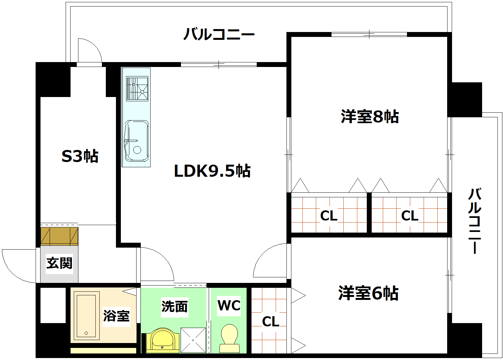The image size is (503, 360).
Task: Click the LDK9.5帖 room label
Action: tap(212, 171)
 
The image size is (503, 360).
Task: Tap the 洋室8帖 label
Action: tap(369, 117)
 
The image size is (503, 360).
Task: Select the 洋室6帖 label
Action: tap(368, 293)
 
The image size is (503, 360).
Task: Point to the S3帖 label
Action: tap(80, 156)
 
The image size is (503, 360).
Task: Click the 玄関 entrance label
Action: tap(59, 263)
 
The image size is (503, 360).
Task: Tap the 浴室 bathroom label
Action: tap(116, 316)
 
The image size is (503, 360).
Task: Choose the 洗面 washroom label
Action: tap(174, 306)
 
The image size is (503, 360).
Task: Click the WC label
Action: tap(229, 305)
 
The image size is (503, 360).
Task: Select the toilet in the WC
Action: tap(229, 338)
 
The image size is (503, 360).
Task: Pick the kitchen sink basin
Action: tap(137, 141)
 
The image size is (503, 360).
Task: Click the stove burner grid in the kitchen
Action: tap(137, 88)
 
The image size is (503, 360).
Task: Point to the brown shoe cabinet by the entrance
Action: tap(59, 236)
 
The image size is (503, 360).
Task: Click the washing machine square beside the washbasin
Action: tap(193, 340)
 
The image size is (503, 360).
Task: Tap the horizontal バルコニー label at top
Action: tap(219, 34)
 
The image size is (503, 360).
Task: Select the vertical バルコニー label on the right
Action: tap(475, 221)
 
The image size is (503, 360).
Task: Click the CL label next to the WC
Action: tap(270, 322)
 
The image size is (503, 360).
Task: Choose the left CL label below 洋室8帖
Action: tap(329, 216)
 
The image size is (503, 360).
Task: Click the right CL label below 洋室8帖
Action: tap(410, 216)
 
